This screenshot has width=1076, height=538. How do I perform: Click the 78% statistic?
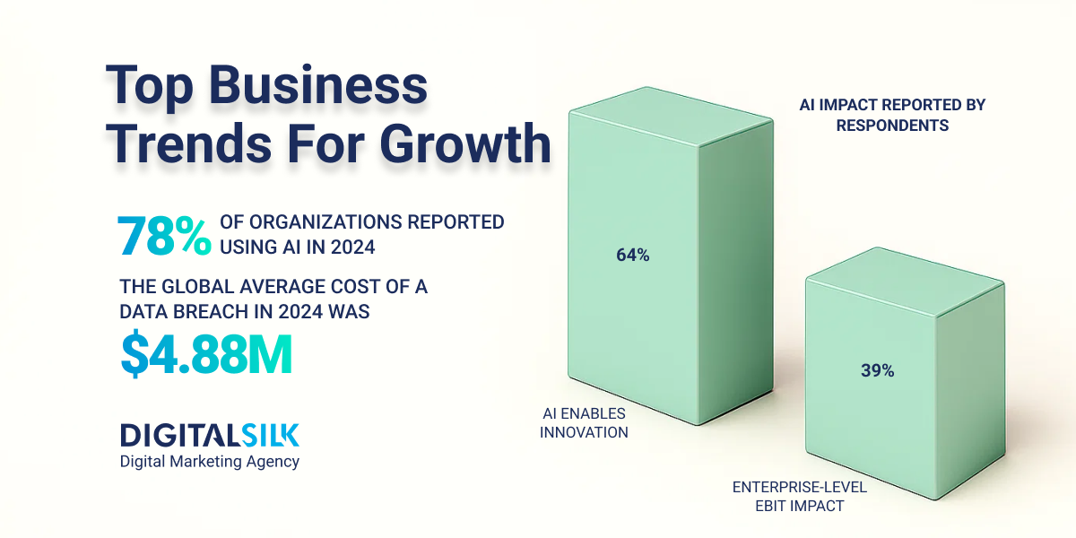[164, 235]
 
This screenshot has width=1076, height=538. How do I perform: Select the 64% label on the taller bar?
[632, 256]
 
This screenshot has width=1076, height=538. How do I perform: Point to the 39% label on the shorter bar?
[877, 370]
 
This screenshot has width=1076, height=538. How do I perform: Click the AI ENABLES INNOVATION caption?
[585, 422]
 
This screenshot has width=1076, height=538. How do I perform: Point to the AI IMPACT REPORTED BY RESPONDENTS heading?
[891, 116]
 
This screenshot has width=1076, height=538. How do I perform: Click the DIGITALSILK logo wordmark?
[210, 435]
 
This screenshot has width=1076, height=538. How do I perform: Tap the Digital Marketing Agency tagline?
[210, 462]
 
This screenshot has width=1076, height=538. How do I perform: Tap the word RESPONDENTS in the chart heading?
[891, 126]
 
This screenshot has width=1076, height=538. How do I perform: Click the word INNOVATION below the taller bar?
[585, 432]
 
